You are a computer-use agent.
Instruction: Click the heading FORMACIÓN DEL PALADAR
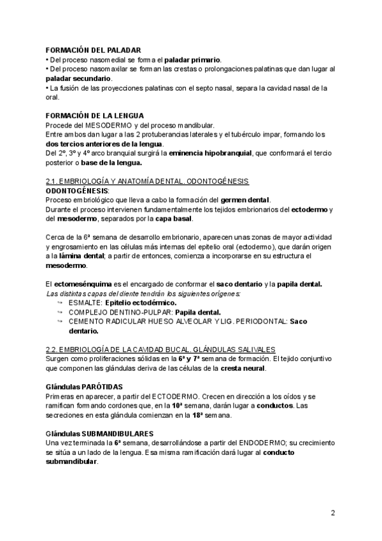[x=94, y=50]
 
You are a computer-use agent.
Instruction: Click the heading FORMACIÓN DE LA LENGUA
[x=99, y=115]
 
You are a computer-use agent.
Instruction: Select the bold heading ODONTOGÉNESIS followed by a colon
[x=77, y=191]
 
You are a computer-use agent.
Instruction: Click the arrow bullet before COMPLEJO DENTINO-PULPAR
[x=60, y=313]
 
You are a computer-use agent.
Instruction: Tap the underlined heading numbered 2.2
[x=160, y=350]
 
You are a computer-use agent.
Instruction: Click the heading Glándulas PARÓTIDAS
[x=84, y=387]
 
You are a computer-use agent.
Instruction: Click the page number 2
[x=333, y=512]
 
